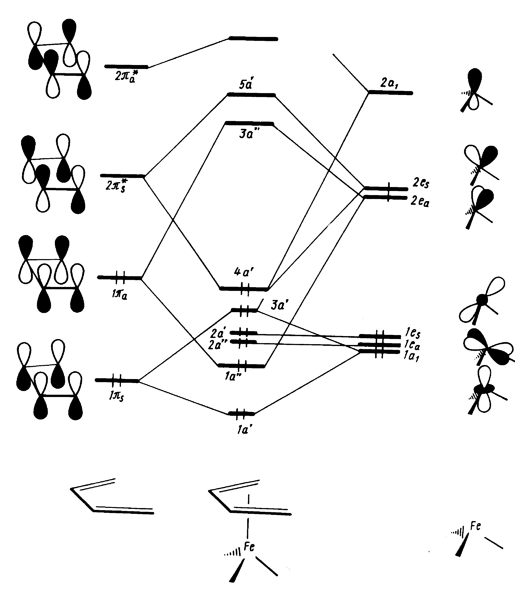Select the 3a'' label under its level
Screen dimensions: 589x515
246,134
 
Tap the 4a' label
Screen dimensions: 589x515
244,272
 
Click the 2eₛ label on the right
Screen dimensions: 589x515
421,183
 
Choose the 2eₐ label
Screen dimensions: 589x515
420,201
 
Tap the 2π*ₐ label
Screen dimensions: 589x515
126,76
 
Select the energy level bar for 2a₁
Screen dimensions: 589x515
391,93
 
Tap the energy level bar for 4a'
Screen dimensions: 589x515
244,288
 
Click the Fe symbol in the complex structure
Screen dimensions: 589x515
249,547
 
